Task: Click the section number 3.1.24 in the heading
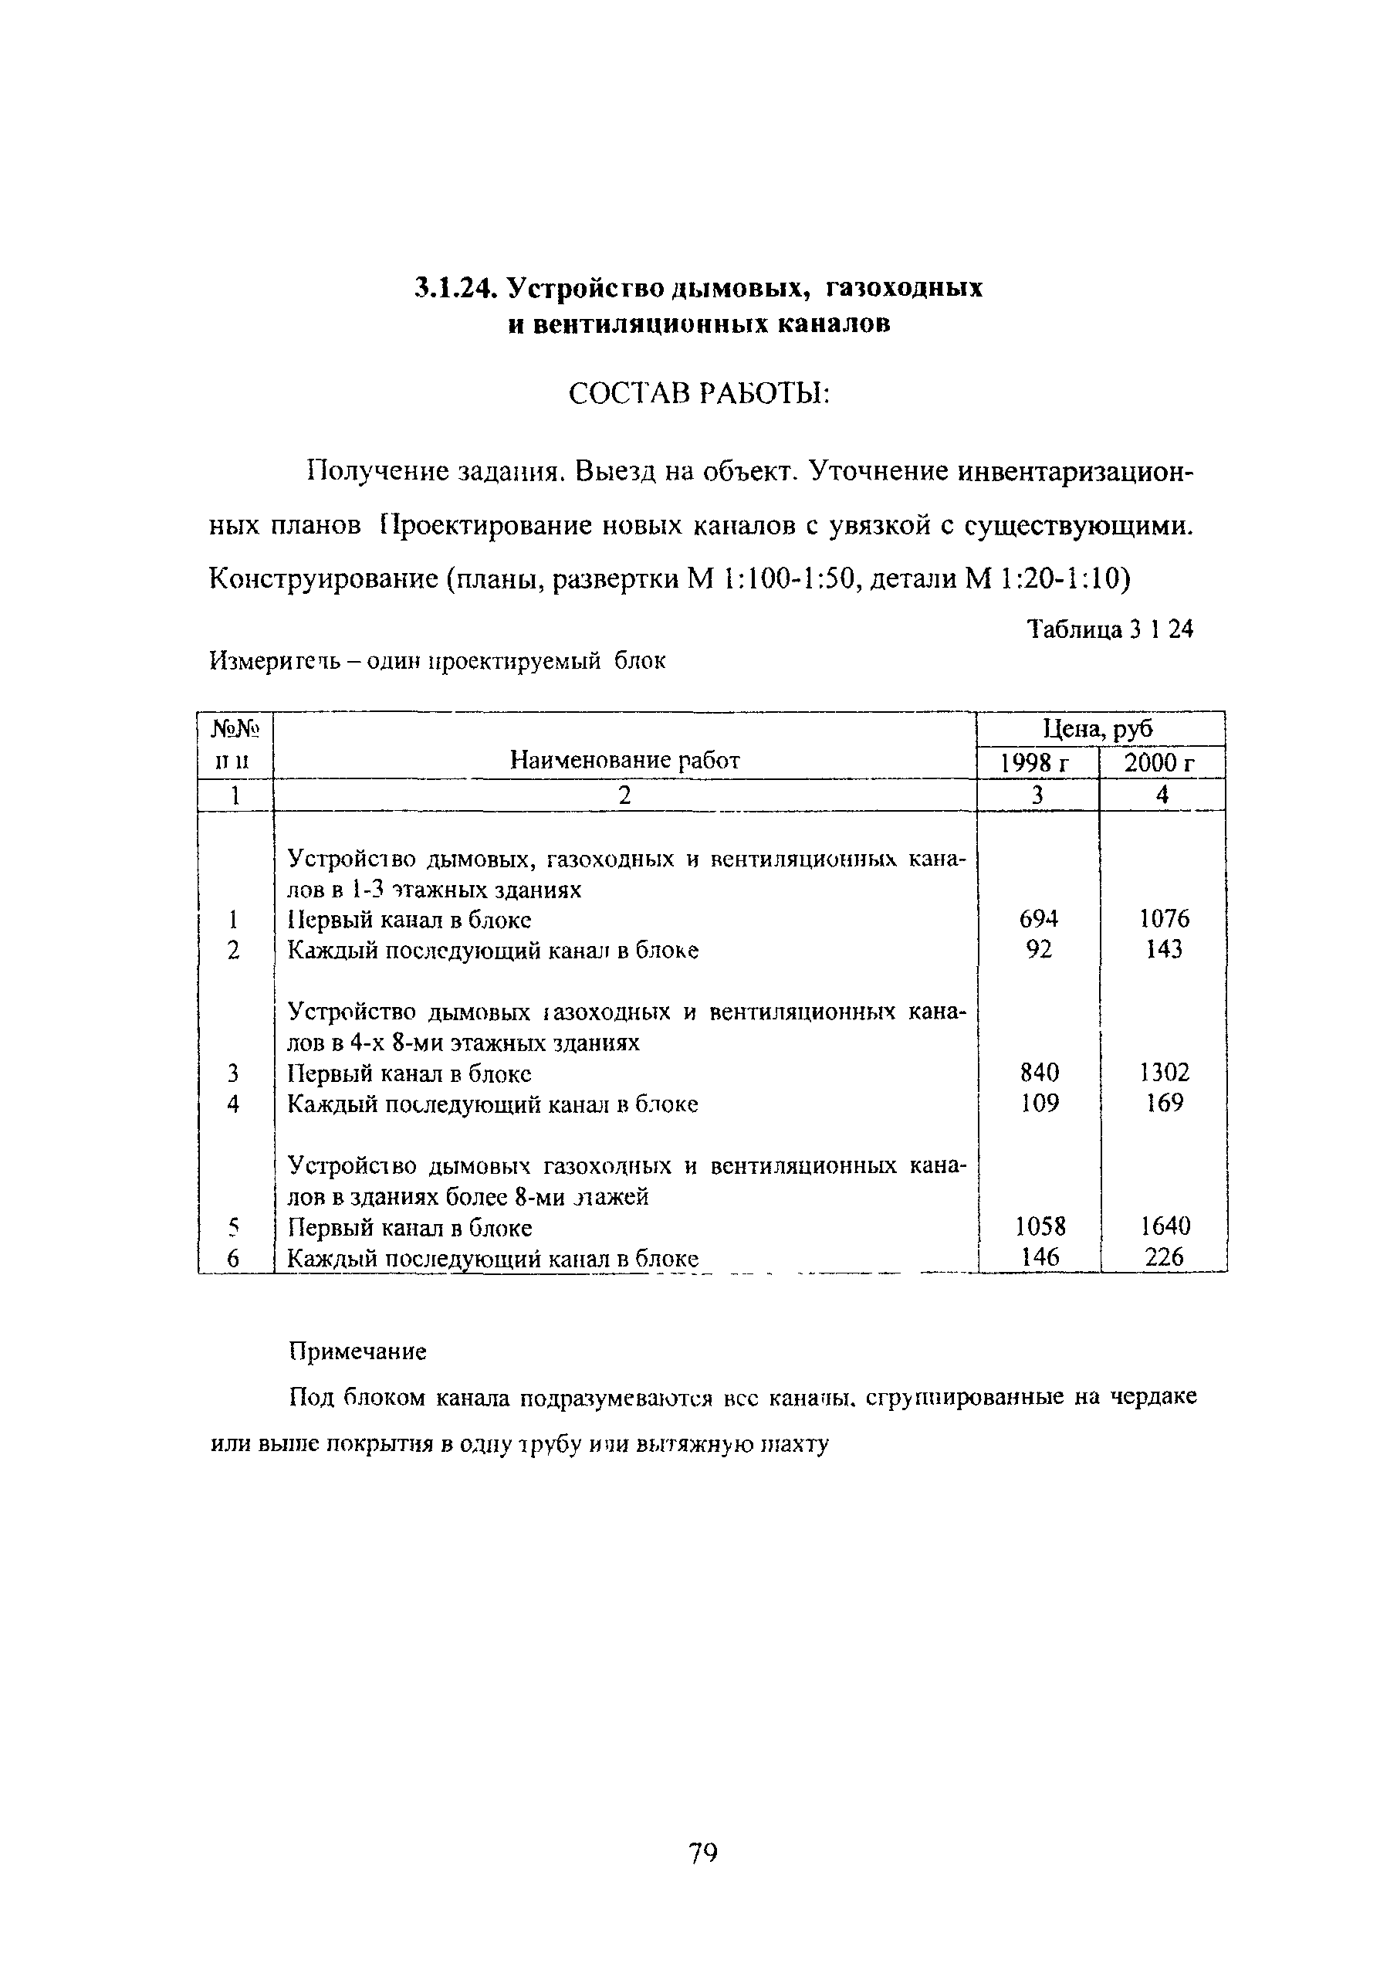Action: pyautogui.click(x=455, y=287)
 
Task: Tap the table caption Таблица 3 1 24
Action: pyautogui.click(x=1111, y=629)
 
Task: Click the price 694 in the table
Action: pyautogui.click(x=1038, y=919)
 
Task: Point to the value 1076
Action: pyautogui.click(x=1164, y=919)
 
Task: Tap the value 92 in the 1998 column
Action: pyautogui.click(x=1039, y=949)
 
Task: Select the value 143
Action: pyautogui.click(x=1164, y=949)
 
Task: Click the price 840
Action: pyautogui.click(x=1038, y=1072)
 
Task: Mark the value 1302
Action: pyautogui.click(x=1164, y=1072)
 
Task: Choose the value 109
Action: pyautogui.click(x=1039, y=1102)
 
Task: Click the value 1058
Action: pyautogui.click(x=1040, y=1226)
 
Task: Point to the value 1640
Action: pyautogui.click(x=1165, y=1226)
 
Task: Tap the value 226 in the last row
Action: pyautogui.click(x=1165, y=1256)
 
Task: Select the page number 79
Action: pyautogui.click(x=702, y=1852)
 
